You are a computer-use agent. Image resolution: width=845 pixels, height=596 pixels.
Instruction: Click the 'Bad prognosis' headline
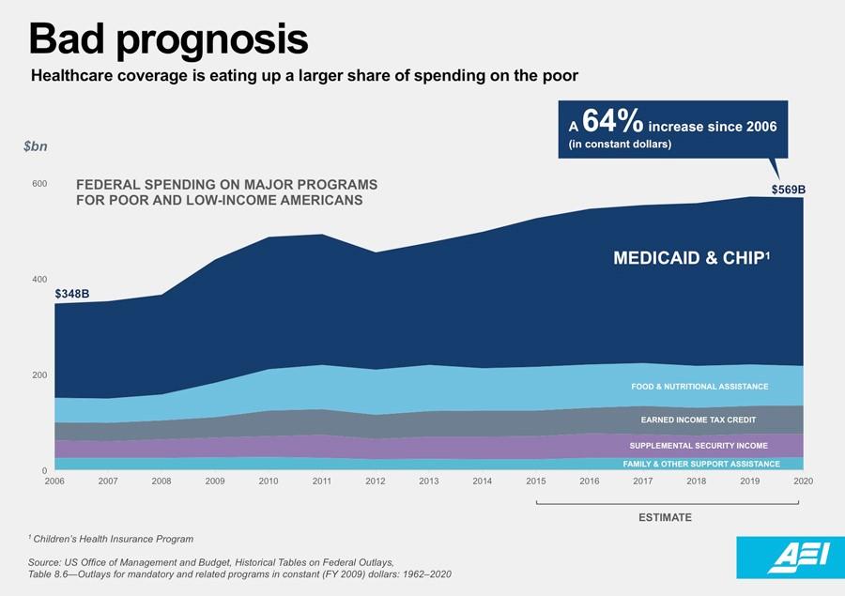[168, 39]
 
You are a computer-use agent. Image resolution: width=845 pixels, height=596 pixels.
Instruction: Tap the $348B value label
[71, 294]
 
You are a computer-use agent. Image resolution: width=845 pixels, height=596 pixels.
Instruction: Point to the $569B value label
[788, 190]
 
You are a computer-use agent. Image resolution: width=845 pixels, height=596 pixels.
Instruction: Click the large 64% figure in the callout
[612, 122]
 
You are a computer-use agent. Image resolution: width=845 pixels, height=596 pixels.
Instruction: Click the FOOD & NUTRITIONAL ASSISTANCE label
[699, 387]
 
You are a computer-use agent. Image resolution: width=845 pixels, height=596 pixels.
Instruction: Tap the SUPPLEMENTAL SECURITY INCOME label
[699, 446]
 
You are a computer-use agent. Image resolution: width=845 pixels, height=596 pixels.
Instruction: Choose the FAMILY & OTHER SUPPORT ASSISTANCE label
[701, 464]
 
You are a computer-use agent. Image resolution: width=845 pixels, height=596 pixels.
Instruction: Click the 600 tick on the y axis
[38, 184]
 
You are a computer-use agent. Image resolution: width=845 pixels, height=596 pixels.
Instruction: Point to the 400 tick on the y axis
[38, 280]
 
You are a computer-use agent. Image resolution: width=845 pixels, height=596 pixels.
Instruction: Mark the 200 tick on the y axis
[38, 375]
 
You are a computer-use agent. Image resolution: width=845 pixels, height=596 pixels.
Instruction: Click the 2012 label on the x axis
[375, 481]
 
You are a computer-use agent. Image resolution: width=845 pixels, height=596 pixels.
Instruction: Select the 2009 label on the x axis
[214, 481]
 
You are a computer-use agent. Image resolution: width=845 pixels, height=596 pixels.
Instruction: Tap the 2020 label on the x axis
[803, 481]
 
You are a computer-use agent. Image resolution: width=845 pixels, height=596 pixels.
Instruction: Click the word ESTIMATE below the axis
[666, 517]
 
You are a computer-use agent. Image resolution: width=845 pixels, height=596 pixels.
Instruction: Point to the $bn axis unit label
[36, 147]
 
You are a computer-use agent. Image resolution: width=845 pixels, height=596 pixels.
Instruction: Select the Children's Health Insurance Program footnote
[112, 539]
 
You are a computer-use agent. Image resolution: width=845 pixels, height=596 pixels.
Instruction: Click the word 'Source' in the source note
[45, 561]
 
